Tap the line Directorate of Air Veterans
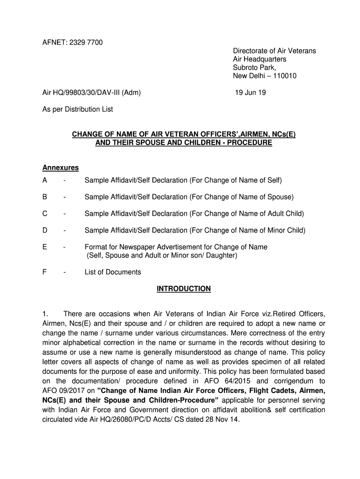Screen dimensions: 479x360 pyautogui.click(x=274, y=51)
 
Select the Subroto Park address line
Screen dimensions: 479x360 pyautogui.click(x=255, y=68)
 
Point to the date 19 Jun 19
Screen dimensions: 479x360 pyautogui.click(x=251, y=93)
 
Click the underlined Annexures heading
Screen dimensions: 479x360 pyautogui.click(x=61, y=168)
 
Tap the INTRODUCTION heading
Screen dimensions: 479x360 pyautogui.click(x=183, y=289)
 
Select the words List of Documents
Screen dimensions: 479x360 pyautogui.click(x=113, y=272)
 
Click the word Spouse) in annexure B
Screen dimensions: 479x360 pyautogui.click(x=280, y=197)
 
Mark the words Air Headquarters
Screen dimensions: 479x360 pyautogui.click(x=259, y=59)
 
